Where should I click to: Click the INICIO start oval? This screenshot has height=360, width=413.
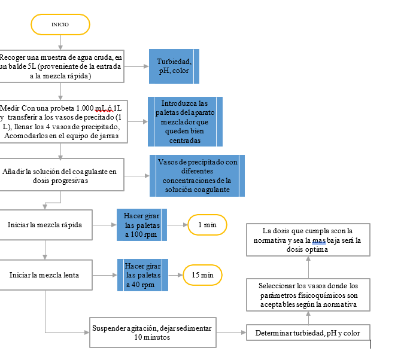click(60, 25)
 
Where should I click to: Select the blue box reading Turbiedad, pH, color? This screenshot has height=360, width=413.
click(174, 66)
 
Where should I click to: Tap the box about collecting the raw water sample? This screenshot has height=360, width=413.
click(62, 66)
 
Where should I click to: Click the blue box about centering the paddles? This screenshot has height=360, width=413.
click(185, 121)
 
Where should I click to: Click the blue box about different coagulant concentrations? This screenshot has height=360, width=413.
click(197, 176)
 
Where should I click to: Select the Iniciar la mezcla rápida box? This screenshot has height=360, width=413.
click(46, 225)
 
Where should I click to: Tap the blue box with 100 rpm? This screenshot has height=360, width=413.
click(142, 225)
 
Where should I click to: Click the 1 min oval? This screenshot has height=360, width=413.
click(207, 225)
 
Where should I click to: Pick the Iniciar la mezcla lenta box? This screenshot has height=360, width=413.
click(46, 275)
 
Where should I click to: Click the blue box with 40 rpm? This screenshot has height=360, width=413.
click(142, 275)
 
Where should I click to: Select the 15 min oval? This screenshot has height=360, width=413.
click(202, 275)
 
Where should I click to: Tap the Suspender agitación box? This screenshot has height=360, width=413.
click(153, 332)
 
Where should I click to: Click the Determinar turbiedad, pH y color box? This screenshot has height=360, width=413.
click(308, 332)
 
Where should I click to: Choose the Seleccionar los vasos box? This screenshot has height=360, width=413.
click(308, 295)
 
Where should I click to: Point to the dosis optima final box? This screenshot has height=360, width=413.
click(308, 240)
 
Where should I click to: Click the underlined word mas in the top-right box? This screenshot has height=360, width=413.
click(318, 240)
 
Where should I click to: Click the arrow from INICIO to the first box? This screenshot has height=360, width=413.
click(60, 42)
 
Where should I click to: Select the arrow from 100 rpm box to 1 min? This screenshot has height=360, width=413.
click(177, 225)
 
